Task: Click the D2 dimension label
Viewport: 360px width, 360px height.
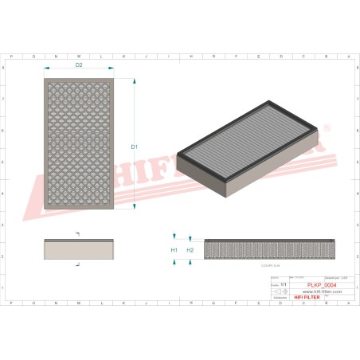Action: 80,65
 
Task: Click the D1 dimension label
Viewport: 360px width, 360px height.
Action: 135,147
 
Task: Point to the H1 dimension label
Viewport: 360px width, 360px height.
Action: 174,250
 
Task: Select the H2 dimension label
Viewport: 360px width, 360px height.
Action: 190,250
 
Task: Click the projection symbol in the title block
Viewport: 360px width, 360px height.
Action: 280,292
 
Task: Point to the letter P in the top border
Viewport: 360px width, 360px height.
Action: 12,57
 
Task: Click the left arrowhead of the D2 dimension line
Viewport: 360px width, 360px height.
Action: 46,70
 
